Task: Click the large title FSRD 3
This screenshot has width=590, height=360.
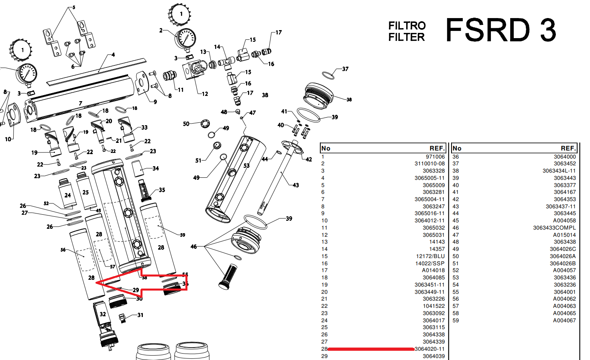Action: (500, 31)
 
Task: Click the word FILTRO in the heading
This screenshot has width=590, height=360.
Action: (407, 26)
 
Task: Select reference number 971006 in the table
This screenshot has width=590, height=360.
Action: (435, 157)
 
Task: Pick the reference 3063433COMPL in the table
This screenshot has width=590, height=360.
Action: (554, 228)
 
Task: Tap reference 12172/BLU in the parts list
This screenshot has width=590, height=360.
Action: (430, 256)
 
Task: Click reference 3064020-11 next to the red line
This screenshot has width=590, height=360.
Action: (429, 349)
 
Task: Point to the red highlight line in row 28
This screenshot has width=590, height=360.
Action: (371, 349)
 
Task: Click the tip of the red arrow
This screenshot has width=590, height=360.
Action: (97, 283)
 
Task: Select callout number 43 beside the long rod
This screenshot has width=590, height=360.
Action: (296, 185)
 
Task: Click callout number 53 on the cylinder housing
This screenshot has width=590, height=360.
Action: (246, 165)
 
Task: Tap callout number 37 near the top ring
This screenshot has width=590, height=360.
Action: (345, 69)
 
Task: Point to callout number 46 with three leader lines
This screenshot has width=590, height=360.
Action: (194, 246)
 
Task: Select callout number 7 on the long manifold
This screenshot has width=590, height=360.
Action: (81, 104)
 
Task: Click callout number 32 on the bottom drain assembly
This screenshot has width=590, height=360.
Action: (103, 314)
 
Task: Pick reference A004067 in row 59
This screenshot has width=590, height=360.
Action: (564, 320)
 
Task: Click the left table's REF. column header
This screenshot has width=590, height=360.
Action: (437, 148)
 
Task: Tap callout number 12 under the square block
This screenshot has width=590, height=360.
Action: (205, 94)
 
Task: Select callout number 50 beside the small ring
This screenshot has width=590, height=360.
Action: (186, 124)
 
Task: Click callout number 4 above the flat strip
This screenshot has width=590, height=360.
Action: (113, 55)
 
